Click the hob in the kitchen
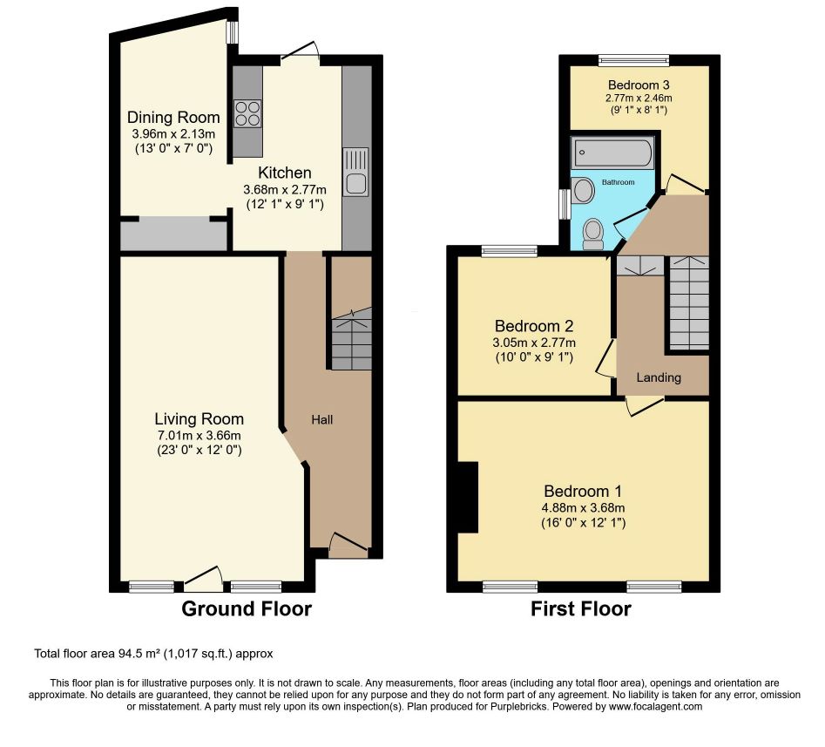point(247,113)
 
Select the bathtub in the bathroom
point(613,153)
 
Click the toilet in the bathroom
point(593,234)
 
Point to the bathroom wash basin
point(583,190)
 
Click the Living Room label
point(199,419)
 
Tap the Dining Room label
point(173,117)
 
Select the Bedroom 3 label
point(639,85)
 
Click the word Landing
point(659,377)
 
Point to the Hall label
point(322,419)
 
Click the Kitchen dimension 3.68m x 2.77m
point(285,189)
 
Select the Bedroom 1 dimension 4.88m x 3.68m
point(583,508)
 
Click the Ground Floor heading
point(247,608)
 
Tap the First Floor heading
point(581,608)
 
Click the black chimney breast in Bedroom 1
point(468,498)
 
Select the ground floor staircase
point(351,339)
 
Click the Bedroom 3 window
point(633,59)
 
